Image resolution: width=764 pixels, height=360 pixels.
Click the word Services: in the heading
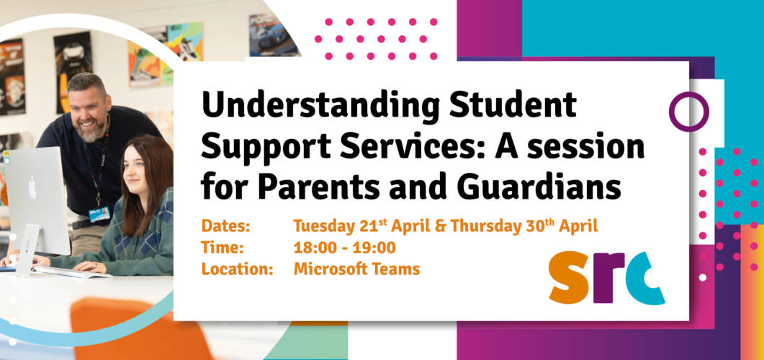point(400,148)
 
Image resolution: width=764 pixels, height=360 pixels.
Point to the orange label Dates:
point(225,226)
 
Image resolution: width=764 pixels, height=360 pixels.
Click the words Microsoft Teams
point(356,269)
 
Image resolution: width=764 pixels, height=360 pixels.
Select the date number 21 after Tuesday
point(367,226)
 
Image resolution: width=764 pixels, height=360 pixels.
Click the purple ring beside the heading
point(688,112)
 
